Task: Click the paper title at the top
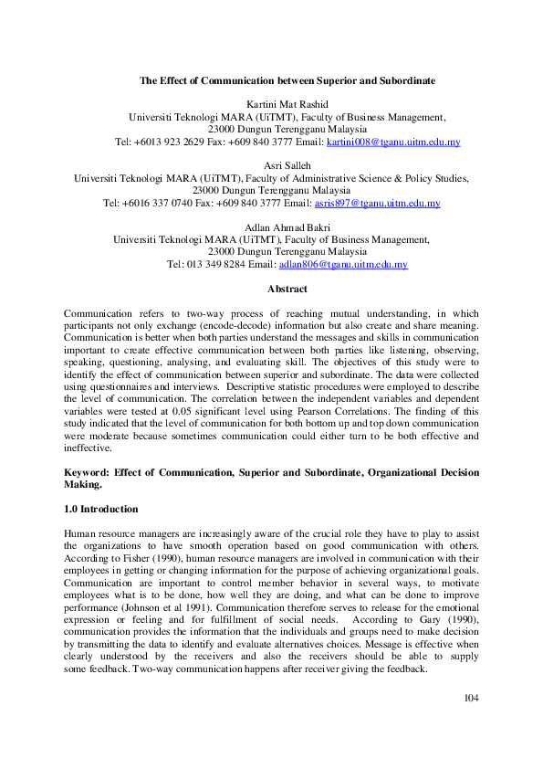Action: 287,80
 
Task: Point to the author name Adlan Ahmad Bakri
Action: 287,227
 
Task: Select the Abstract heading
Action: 287,289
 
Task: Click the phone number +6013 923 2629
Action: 170,142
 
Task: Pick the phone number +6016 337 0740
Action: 159,204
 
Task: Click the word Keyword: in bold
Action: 88,472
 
